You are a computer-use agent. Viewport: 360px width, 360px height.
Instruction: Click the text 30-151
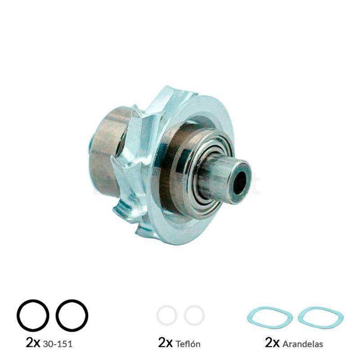[x=58, y=344]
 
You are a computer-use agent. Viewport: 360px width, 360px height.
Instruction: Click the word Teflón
[x=188, y=344]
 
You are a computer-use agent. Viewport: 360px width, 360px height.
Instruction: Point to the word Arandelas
[x=302, y=344]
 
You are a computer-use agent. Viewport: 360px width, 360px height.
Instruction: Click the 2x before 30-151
[x=33, y=342]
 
